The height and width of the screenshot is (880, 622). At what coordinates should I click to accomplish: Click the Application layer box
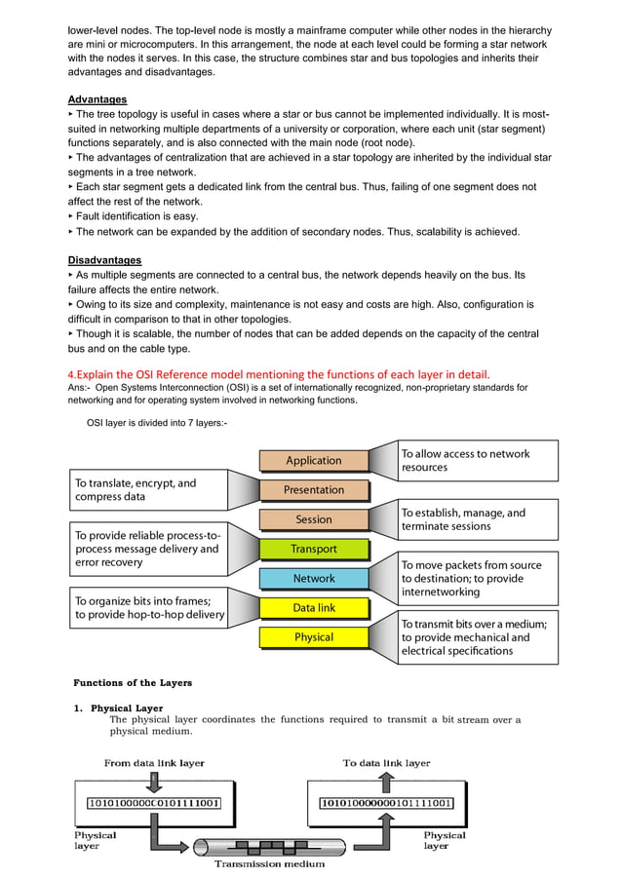pos(314,460)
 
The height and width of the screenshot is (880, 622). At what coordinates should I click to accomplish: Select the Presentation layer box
pos(314,489)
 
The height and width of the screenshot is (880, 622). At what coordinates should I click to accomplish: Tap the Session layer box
pos(314,519)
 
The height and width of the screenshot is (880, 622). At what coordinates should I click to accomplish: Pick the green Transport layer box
pos(314,549)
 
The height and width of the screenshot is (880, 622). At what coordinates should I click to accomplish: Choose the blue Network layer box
pos(314,578)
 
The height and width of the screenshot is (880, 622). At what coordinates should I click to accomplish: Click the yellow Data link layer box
pos(314,608)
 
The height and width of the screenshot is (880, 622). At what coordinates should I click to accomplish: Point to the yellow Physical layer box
pos(314,637)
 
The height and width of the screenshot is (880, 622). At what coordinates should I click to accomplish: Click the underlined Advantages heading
pos(97,99)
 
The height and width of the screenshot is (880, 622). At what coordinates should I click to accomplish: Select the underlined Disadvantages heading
pos(104,260)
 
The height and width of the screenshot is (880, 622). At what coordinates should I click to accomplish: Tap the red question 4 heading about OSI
pos(278,374)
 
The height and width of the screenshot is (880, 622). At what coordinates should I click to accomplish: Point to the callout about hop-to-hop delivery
pos(147,607)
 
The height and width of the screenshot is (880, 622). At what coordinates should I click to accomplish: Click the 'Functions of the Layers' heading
pos(133,682)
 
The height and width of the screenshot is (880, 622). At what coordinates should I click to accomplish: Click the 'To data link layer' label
pos(386,763)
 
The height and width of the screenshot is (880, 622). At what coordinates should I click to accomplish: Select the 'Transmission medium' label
pos(269,863)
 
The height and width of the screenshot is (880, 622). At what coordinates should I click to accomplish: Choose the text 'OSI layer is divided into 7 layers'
pos(157,422)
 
